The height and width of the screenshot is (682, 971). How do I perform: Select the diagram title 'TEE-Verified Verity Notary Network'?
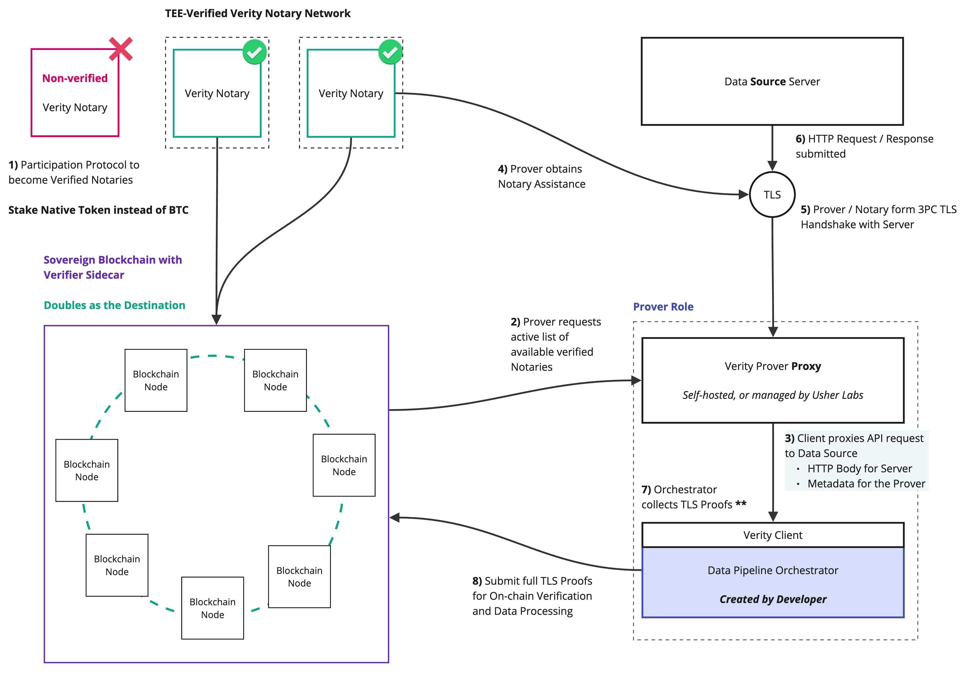click(258, 14)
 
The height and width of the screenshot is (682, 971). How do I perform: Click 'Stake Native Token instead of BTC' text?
click(98, 210)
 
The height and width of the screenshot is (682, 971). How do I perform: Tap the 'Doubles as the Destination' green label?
click(114, 305)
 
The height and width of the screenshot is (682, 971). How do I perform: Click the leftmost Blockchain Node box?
click(87, 470)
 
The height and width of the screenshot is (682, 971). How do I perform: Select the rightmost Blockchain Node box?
click(344, 465)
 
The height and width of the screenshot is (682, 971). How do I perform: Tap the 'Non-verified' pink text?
click(75, 78)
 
